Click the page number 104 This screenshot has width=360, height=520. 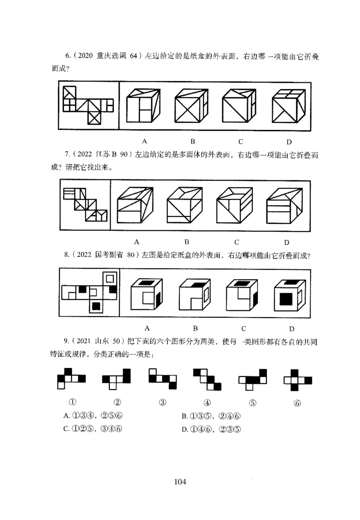(x=180, y=482)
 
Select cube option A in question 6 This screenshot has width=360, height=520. (x=143, y=106)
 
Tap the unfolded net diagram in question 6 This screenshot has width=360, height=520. (x=89, y=106)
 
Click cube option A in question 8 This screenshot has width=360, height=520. (x=146, y=296)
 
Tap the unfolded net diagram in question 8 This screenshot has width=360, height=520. (x=89, y=292)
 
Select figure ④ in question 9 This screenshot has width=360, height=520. (x=207, y=379)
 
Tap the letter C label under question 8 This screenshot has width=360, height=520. (x=243, y=328)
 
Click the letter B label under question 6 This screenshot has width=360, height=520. (x=192, y=141)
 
